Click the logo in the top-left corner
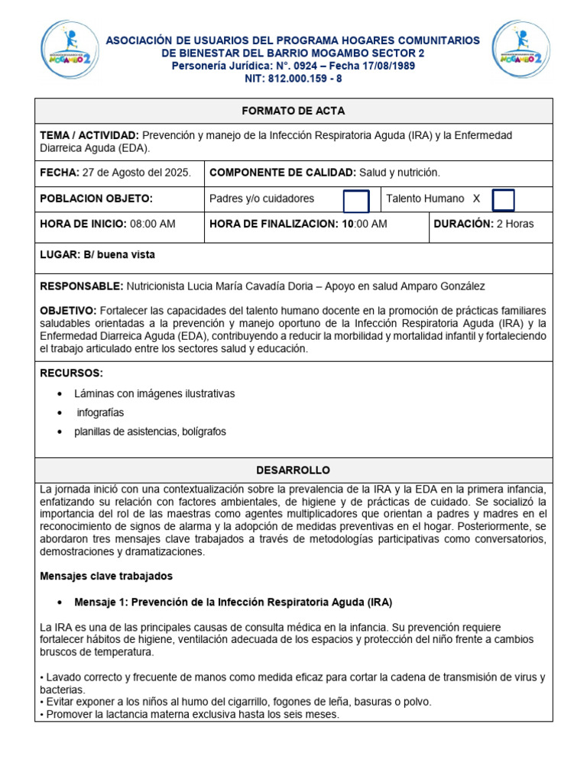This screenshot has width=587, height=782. [70, 48]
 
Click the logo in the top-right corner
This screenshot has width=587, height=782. [521, 48]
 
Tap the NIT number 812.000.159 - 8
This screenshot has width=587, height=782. [293, 79]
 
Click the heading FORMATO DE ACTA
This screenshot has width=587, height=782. [293, 111]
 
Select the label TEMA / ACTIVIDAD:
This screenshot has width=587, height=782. [89, 135]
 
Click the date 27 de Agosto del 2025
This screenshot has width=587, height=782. [137, 173]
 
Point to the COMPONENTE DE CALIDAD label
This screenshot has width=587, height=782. [282, 173]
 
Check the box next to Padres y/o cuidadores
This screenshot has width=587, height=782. [355, 201]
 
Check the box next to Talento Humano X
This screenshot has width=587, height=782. [503, 200]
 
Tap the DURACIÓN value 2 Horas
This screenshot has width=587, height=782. [515, 224]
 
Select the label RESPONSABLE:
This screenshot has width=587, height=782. [81, 286]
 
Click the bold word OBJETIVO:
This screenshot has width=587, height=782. [68, 311]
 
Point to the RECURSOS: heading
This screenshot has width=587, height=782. [71, 373]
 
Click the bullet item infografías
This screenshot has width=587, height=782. [100, 412]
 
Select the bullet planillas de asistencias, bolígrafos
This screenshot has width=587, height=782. [150, 431]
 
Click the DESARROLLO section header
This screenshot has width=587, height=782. [293, 470]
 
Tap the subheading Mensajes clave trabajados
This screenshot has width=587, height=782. [106, 576]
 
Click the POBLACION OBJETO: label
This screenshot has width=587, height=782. [96, 199]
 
